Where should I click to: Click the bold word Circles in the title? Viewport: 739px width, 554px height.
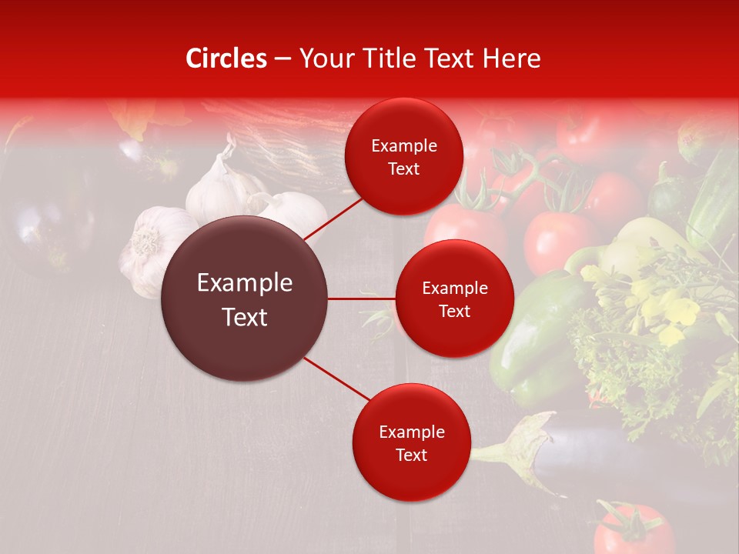(226, 58)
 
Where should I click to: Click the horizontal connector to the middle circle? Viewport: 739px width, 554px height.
(361, 299)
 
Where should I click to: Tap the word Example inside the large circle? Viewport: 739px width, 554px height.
(244, 283)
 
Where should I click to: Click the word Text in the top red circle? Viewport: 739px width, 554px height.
(403, 169)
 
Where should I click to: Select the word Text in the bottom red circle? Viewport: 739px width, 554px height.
(411, 456)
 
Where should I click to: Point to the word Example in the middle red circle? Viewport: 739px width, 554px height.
(454, 289)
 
